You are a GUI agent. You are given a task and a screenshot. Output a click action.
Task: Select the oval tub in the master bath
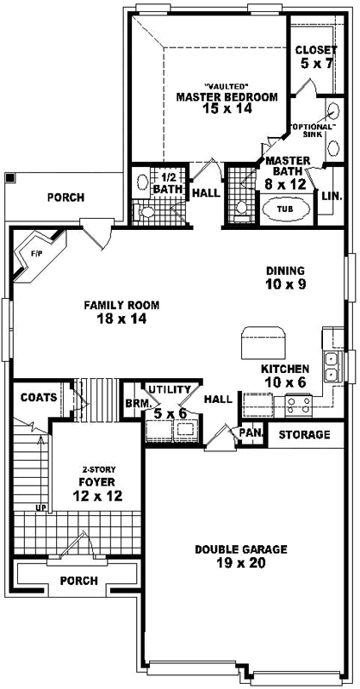282,208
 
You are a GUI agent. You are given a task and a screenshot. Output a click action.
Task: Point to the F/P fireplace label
36,253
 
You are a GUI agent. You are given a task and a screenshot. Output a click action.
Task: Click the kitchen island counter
257,343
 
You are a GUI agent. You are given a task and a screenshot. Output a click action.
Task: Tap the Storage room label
304,434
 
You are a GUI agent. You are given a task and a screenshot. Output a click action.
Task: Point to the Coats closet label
39,397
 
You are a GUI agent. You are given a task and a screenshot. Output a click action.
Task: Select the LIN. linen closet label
331,196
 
